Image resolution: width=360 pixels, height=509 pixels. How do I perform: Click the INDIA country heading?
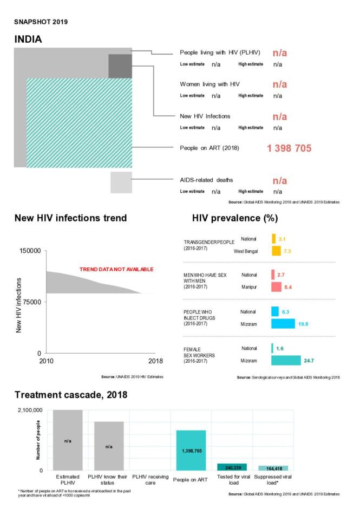[x=28, y=40]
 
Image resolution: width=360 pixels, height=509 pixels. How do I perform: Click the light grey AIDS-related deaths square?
[x=121, y=182]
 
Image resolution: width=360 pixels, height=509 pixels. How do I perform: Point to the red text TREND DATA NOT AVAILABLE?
[x=116, y=269]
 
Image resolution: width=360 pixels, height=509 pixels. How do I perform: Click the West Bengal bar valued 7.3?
[x=276, y=251]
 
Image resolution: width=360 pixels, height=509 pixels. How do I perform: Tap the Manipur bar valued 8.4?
[x=277, y=286]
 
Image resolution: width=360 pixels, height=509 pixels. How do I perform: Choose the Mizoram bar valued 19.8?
[x=283, y=323]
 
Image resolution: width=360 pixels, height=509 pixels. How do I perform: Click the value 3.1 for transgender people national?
[x=282, y=239]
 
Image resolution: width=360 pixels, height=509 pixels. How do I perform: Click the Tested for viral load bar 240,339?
[x=232, y=467]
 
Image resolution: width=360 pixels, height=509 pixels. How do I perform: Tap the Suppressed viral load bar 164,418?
[x=273, y=468]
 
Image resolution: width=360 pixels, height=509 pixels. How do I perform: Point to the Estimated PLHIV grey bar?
[x=68, y=440]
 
